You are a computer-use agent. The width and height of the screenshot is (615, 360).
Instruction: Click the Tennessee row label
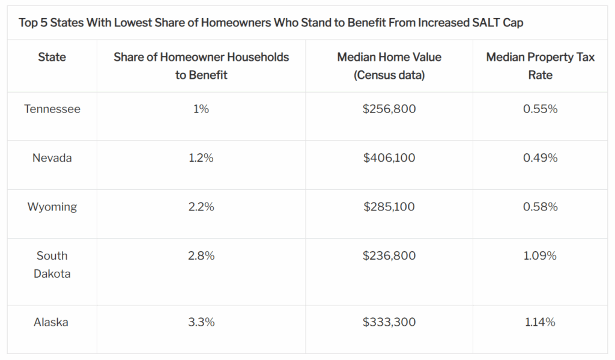(x=52, y=109)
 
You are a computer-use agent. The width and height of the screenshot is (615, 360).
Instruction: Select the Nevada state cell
(x=52, y=158)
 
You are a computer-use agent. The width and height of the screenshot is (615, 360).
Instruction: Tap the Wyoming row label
(x=52, y=207)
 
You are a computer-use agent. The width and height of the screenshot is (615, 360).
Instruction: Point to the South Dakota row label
(x=52, y=264)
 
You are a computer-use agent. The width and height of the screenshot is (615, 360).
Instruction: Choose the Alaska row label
(x=51, y=322)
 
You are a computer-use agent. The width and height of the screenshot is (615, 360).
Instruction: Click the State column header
(x=52, y=57)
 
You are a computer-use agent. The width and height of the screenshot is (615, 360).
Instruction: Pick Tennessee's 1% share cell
(x=201, y=109)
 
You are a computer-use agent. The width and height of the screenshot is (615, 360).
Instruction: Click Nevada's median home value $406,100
(x=389, y=158)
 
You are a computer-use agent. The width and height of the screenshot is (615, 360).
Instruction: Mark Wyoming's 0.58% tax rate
(x=540, y=207)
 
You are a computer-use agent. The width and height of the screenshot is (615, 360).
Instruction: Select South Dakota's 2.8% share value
(x=201, y=255)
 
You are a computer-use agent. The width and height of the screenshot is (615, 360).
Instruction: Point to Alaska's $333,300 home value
(x=389, y=322)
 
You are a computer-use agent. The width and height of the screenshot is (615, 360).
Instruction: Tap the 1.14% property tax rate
(x=540, y=322)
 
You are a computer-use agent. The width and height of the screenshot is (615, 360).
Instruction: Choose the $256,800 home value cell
(x=389, y=109)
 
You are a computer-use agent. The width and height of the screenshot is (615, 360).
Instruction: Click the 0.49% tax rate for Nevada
(x=540, y=158)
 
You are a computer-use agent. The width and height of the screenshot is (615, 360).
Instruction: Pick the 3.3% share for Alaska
(x=201, y=322)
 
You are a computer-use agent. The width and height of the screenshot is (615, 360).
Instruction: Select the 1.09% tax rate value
(x=540, y=255)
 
